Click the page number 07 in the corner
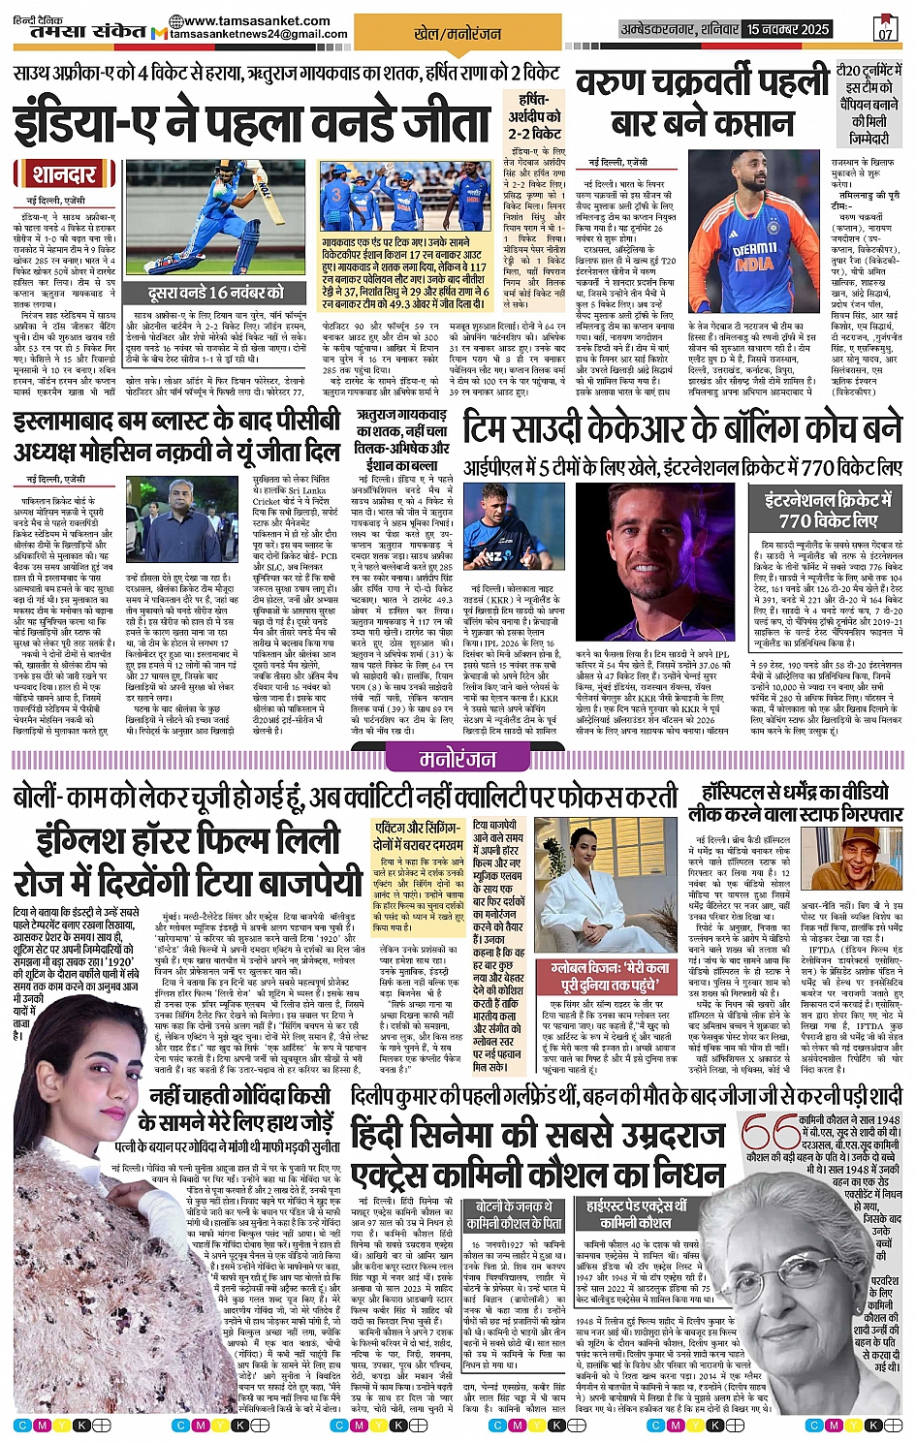pyautogui.click(x=884, y=31)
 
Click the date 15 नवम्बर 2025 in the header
pyautogui.click(x=787, y=29)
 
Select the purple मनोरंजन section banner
pyautogui.click(x=457, y=759)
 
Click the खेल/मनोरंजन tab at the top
pyautogui.click(x=458, y=33)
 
